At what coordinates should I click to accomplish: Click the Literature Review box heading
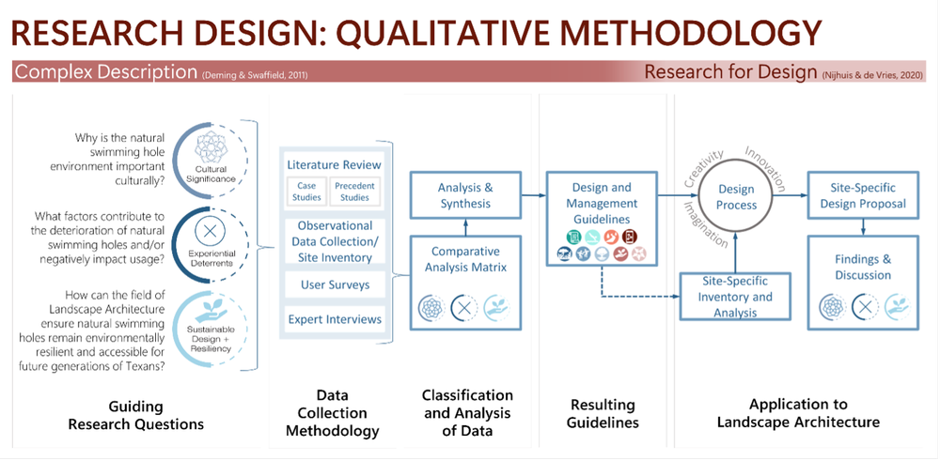coord(335,165)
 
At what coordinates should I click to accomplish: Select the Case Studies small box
coord(306,192)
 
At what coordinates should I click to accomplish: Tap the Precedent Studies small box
coord(354,192)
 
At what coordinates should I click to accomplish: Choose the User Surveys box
coord(335,284)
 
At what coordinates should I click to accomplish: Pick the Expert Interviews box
coord(335,319)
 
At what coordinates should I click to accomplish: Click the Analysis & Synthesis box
coord(464,194)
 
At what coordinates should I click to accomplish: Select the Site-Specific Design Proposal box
coord(862,195)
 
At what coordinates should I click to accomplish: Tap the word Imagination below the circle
coord(704,225)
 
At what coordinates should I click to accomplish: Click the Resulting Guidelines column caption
coord(603,413)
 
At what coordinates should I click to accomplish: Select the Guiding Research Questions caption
coord(135,415)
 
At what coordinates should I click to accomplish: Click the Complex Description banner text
coord(105,72)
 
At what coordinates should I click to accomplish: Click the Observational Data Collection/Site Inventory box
coord(335,240)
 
